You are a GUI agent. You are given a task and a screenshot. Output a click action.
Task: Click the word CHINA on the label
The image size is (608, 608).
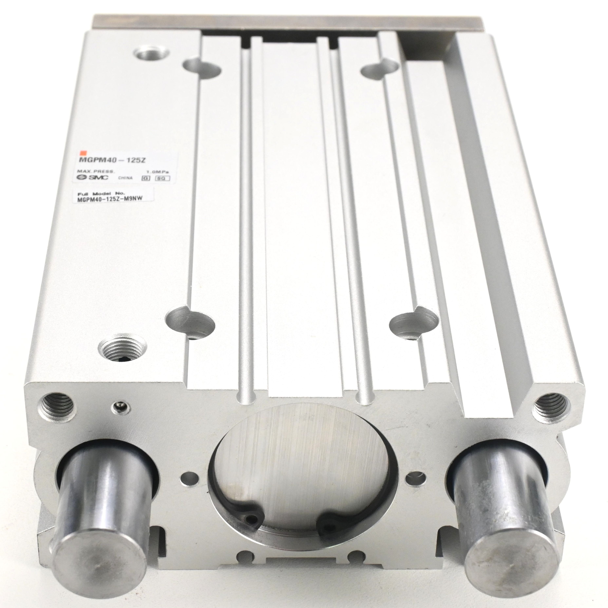pyautogui.click(x=125, y=178)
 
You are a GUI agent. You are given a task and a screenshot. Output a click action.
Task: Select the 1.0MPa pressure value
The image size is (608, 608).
pyautogui.click(x=158, y=172)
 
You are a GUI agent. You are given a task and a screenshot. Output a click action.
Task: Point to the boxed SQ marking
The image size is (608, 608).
pyautogui.click(x=163, y=178)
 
